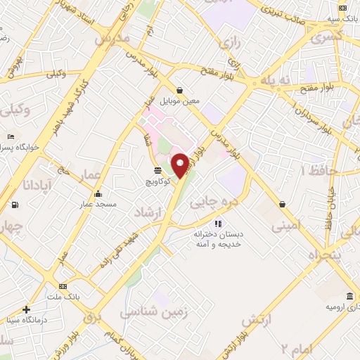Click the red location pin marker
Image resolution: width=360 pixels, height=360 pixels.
tap(180, 165)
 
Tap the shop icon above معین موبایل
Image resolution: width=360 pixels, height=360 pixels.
tap(181, 90)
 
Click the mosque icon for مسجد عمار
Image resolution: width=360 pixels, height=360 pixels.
tap(97, 194)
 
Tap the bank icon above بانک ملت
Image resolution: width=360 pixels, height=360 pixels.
tap(63, 286)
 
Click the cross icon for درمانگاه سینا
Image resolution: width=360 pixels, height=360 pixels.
tap(27, 309)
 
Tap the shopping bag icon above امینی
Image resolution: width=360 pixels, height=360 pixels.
tap(283, 205)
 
